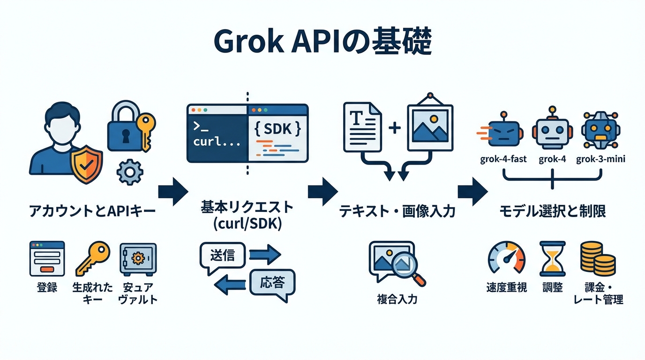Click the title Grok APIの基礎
point(322,43)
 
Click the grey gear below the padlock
point(130,172)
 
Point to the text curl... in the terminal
point(217,141)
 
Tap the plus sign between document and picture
point(395,128)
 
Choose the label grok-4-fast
point(503,159)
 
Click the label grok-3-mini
point(600,159)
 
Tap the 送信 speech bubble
point(222,256)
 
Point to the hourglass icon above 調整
point(553,259)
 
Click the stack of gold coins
point(598,258)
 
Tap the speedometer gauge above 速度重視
point(507,258)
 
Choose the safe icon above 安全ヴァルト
point(138,259)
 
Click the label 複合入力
point(397,299)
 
